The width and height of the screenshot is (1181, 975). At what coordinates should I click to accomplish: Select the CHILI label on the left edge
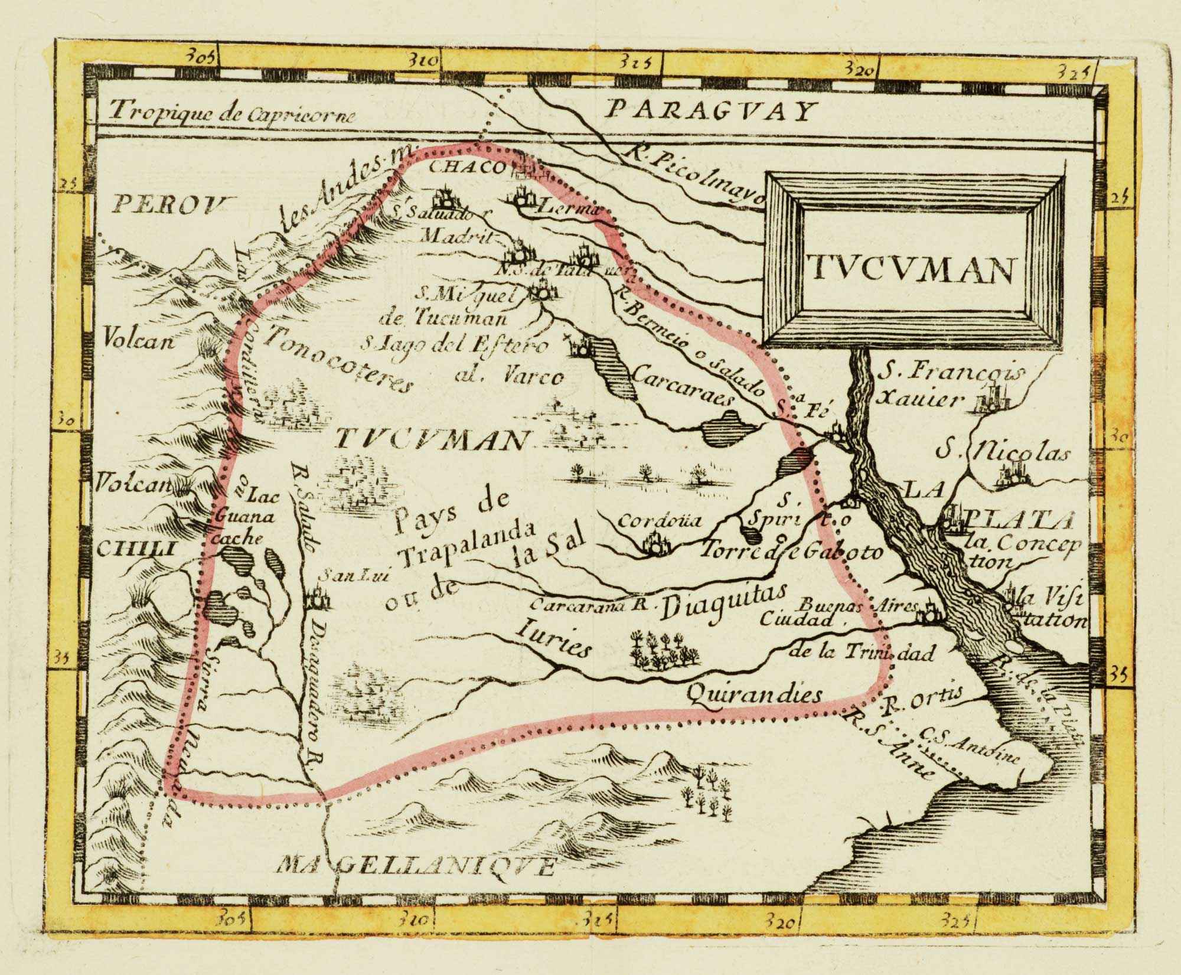(136, 549)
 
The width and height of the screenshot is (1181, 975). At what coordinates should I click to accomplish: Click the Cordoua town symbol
(653, 544)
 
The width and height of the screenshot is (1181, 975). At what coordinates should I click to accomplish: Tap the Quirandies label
(755, 694)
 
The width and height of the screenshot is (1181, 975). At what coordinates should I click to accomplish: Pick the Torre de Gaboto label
(791, 552)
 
